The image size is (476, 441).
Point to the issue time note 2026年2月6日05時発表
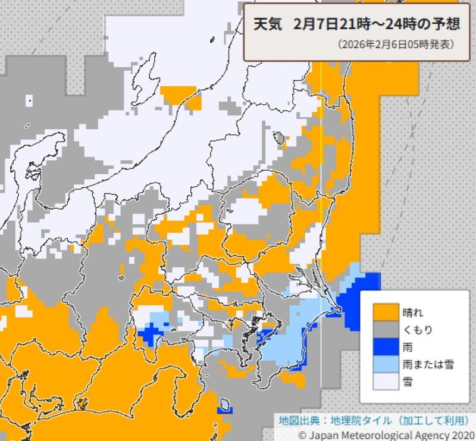click(x=396, y=45)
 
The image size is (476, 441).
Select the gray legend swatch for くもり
click(x=386, y=329)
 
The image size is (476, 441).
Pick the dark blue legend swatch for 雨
click(x=386, y=346)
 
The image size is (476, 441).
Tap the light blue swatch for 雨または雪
click(x=386, y=364)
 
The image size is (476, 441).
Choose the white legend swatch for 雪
click(x=386, y=381)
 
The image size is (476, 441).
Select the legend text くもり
click(x=417, y=329)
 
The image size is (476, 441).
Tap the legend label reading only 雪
click(x=408, y=381)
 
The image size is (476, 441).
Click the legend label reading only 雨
click(x=408, y=346)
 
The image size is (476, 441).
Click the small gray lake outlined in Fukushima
click(x=279, y=139)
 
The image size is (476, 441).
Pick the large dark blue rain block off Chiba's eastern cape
click(x=360, y=298)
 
